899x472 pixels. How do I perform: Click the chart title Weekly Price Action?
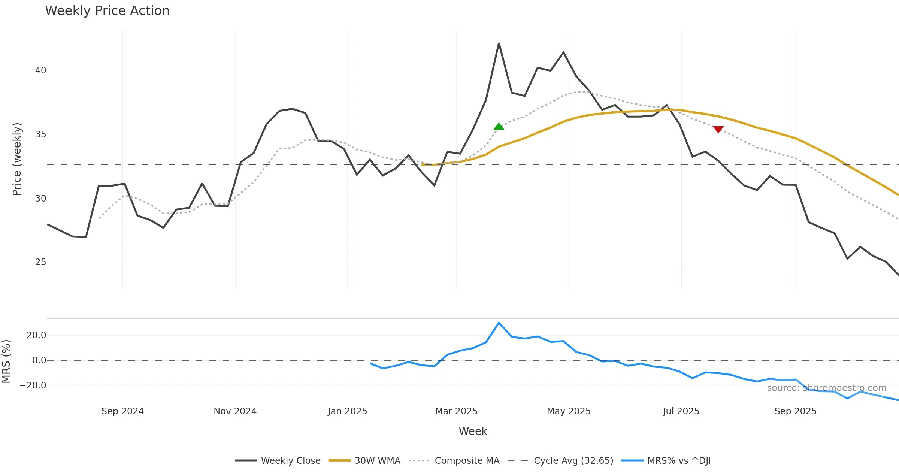pos(107,11)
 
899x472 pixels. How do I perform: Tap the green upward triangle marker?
pos(499,127)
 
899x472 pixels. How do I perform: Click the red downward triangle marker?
pos(718,129)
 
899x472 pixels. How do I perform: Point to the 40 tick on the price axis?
pos(40,70)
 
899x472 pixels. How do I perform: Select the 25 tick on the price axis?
pos(40,262)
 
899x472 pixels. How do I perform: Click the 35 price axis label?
pos(40,134)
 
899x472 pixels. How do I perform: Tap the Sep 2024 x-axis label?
pos(122,411)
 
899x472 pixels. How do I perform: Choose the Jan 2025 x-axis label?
pos(347,411)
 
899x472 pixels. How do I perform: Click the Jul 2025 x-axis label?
pos(681,411)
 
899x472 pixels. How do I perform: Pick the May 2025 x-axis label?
pos(569,411)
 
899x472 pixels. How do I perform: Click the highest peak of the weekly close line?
pos(499,43)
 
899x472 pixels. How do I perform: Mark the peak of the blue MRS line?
pos(499,323)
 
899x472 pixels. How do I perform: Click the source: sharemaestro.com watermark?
pos(826,388)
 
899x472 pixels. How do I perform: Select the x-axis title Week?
pos(473,432)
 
